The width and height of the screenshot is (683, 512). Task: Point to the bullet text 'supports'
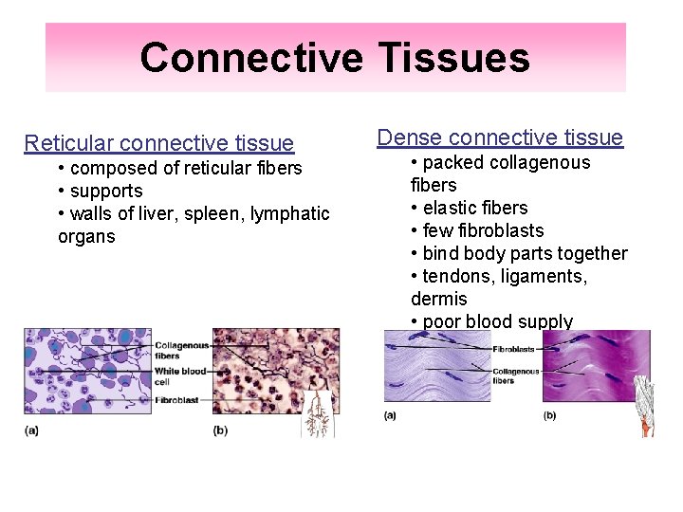[106, 191]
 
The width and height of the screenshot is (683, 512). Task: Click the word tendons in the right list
[456, 276]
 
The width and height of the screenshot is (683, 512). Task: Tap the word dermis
[438, 299]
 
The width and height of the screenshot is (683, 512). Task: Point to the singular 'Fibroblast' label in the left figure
[176, 401]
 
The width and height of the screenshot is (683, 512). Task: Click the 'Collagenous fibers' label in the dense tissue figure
[516, 376]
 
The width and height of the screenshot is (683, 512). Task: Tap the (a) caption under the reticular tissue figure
[31, 431]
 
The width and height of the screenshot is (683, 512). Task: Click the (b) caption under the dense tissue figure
[549, 416]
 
